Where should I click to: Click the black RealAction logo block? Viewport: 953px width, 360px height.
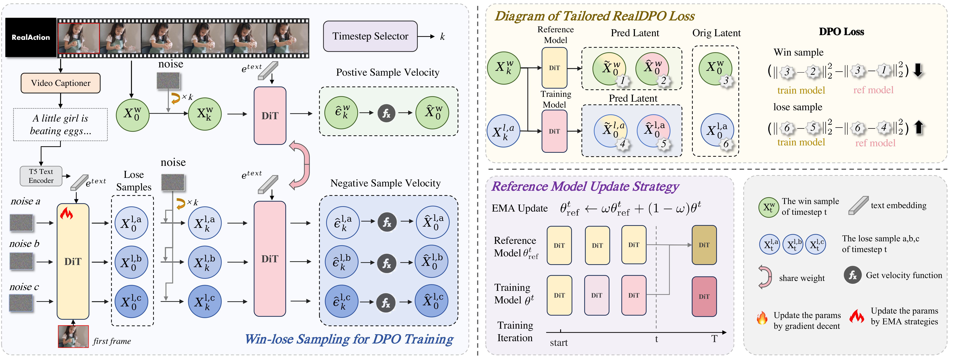pyautogui.click(x=31, y=37)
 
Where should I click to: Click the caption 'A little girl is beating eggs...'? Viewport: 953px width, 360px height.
pyautogui.click(x=60, y=124)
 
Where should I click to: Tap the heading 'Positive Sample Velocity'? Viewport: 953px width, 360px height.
pyautogui.click(x=387, y=72)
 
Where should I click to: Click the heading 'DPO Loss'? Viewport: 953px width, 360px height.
pyautogui.click(x=841, y=32)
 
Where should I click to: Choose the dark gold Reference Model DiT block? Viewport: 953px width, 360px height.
pyautogui.click(x=704, y=245)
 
